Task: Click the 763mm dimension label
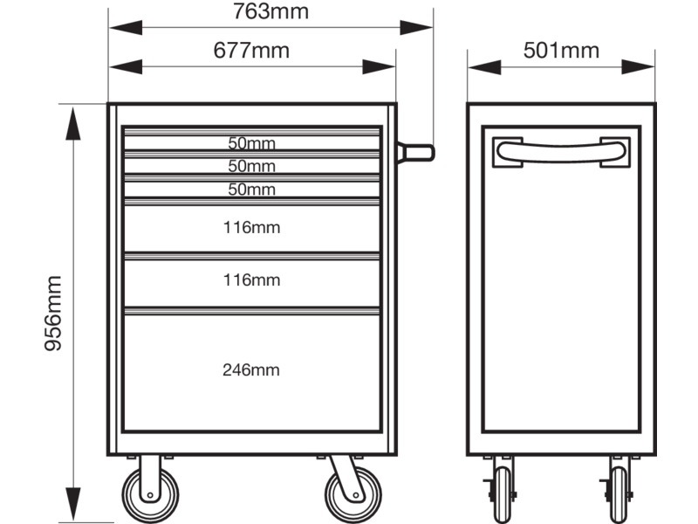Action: tap(270, 11)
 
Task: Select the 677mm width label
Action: tap(251, 51)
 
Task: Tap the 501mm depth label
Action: tap(561, 51)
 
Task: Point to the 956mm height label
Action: tap(53, 314)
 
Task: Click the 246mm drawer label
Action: tap(251, 369)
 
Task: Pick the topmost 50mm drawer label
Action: tap(251, 143)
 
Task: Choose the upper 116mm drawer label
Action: tap(251, 228)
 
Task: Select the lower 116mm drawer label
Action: tap(251, 280)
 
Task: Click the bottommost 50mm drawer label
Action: tap(251, 190)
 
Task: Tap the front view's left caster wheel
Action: tap(150, 494)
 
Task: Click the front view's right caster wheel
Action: tap(353, 494)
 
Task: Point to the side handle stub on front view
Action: tap(416, 153)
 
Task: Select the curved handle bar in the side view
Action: tap(561, 152)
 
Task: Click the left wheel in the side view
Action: tap(503, 494)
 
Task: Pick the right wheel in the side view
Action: tap(619, 494)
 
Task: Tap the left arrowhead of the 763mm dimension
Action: tap(126, 28)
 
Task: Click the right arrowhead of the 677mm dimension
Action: tap(379, 67)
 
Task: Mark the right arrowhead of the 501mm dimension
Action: tap(638, 67)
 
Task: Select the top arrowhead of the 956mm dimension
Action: tap(73, 123)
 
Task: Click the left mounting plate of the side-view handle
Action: tap(508, 152)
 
